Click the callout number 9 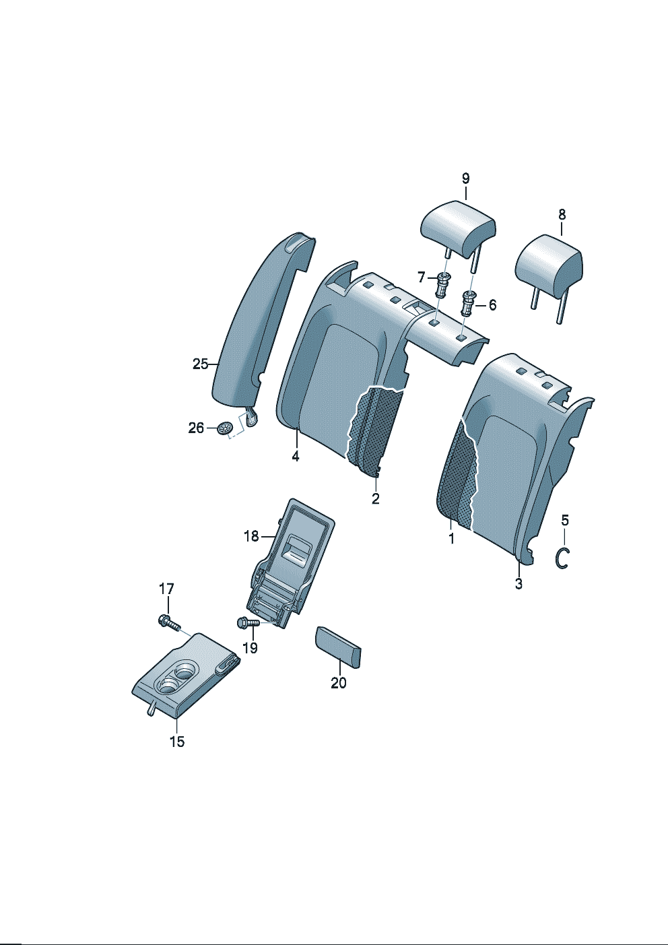click(x=465, y=178)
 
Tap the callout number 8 click(x=562, y=214)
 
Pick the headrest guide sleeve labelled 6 click(x=468, y=303)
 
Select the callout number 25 click(x=201, y=364)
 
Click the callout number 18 click(x=251, y=536)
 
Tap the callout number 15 click(x=177, y=741)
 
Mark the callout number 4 click(x=295, y=456)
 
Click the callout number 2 click(x=375, y=498)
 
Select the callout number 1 click(x=451, y=539)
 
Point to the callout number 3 click(x=519, y=584)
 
